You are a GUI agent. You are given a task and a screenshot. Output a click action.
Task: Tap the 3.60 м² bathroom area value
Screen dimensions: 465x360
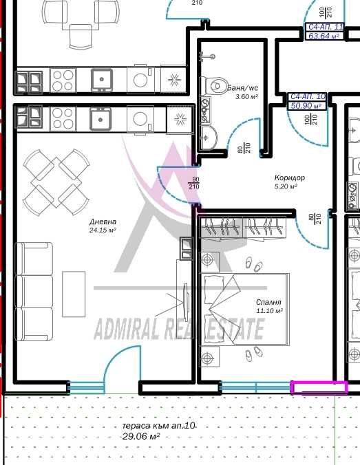(246, 96)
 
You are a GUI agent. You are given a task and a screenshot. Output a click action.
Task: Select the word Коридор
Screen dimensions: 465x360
(289, 178)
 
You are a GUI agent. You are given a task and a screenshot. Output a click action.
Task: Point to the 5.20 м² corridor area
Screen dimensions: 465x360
(286, 186)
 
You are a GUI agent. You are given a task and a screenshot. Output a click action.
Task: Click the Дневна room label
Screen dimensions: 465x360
(103, 221)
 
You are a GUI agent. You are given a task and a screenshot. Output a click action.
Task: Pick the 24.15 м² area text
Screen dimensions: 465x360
(103, 230)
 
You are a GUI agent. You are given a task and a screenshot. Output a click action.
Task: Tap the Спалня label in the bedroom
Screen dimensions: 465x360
(269, 302)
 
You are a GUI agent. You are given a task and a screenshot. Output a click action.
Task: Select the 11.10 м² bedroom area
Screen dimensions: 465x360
(269, 310)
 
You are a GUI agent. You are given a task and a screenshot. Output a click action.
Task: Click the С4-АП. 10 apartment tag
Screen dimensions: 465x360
(308, 97)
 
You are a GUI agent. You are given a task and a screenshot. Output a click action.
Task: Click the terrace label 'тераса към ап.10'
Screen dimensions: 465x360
(158, 426)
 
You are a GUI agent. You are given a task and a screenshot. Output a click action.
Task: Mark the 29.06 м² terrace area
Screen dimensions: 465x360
(140, 436)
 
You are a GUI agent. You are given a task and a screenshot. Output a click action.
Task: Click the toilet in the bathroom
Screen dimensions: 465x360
(215, 86)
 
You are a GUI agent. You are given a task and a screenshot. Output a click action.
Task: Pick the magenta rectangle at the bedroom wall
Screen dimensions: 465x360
(319, 388)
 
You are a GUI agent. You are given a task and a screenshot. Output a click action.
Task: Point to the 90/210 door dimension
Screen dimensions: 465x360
(194, 183)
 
